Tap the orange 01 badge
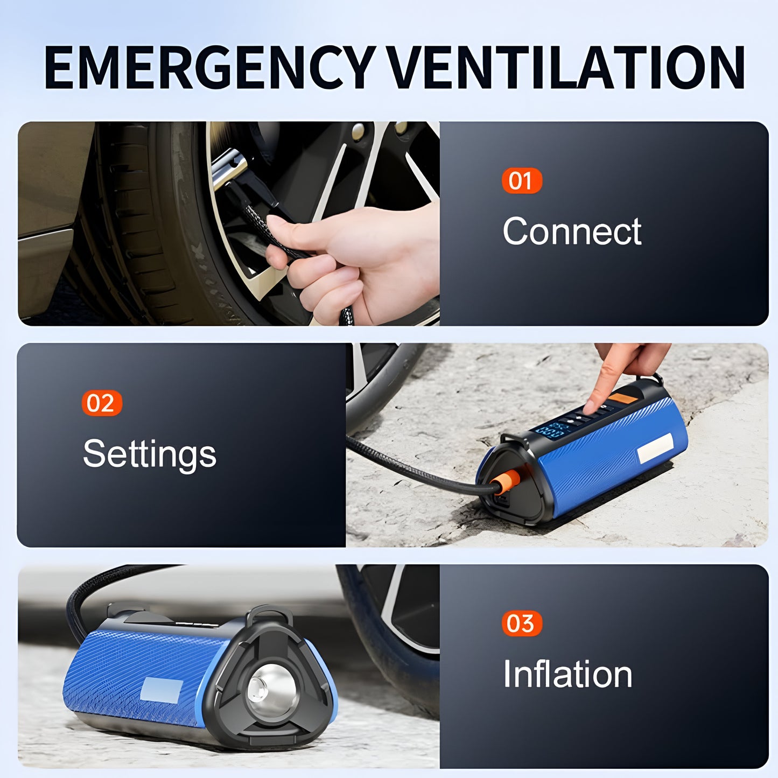click(521, 181)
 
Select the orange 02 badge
click(102, 403)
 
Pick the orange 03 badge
click(521, 623)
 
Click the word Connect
click(572, 232)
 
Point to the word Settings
click(149, 454)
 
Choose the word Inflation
click(567, 674)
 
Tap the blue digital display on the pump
click(549, 430)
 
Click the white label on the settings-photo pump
click(655, 448)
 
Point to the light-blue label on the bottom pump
click(160, 690)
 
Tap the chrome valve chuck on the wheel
click(229, 167)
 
